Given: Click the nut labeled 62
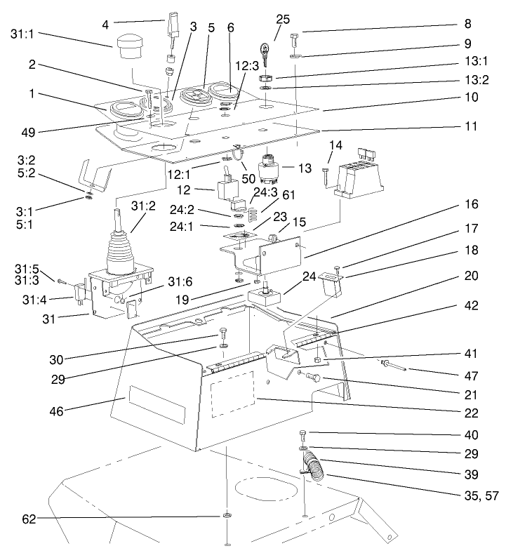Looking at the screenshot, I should pyautogui.click(x=227, y=519).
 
